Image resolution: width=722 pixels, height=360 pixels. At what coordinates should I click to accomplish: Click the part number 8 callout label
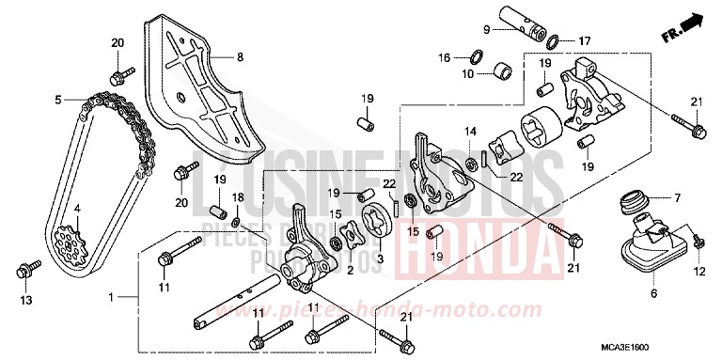(239, 57)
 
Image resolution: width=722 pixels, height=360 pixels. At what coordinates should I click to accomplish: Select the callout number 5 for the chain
(57, 99)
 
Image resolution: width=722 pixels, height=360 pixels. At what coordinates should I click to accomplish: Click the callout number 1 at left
(110, 297)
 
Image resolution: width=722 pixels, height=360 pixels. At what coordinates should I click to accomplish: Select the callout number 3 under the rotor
(381, 257)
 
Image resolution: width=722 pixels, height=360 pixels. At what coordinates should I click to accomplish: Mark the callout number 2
(349, 269)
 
